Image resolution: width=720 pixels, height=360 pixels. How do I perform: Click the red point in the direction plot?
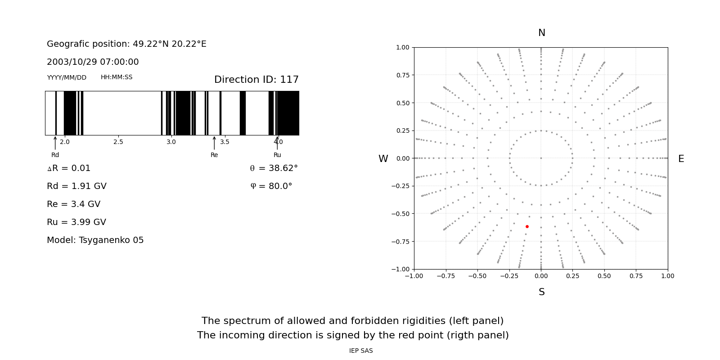[x=527, y=226]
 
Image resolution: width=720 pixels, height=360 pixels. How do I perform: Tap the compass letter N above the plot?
[x=541, y=33]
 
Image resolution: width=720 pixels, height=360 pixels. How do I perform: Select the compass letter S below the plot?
[x=541, y=292]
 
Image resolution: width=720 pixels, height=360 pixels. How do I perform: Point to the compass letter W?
[x=383, y=159]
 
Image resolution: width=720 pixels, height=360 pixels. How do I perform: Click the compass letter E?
[x=681, y=159]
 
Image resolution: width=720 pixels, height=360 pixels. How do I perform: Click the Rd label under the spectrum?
[x=55, y=155]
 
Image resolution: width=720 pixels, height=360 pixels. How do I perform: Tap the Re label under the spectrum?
[x=214, y=155]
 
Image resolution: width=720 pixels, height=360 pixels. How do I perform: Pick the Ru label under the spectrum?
[x=277, y=155]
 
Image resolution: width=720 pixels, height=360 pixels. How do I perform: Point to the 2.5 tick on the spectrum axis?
[x=118, y=142]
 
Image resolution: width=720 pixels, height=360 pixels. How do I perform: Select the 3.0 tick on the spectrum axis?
[x=171, y=142]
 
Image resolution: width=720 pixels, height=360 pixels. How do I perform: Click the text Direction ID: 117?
[x=256, y=80]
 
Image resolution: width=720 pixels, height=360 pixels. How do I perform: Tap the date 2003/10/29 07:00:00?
[x=93, y=62]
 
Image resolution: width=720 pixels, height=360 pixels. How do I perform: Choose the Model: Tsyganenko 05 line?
[x=95, y=240]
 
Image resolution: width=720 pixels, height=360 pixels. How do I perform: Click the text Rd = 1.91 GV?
[x=76, y=186]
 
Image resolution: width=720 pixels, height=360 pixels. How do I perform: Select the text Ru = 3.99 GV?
[x=76, y=222]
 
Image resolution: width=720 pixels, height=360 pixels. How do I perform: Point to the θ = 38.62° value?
[x=274, y=168]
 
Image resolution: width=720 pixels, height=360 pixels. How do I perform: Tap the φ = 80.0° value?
[x=271, y=186]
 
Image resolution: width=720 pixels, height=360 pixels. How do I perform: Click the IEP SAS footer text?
[x=360, y=351]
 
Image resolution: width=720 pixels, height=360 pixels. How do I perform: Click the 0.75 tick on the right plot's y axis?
[x=402, y=75]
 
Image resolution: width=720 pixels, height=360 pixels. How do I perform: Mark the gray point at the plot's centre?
[x=541, y=158]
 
